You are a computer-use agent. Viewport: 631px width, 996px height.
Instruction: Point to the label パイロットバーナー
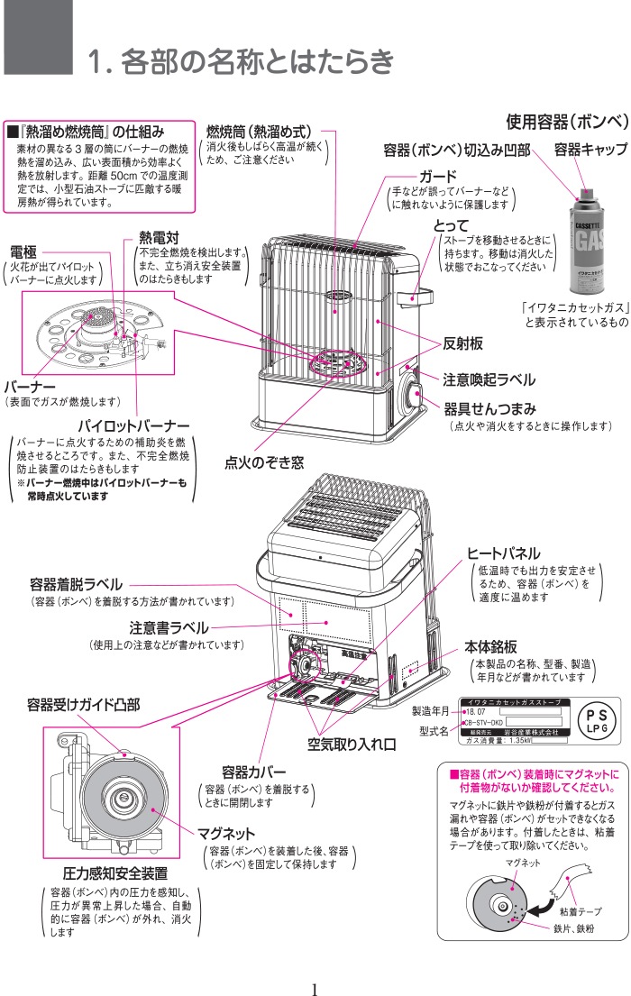click(x=133, y=425)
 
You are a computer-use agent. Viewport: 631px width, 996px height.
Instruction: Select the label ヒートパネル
click(x=503, y=553)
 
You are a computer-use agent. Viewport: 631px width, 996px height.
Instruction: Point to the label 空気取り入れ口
click(x=352, y=745)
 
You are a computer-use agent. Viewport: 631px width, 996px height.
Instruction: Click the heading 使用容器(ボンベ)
click(x=565, y=121)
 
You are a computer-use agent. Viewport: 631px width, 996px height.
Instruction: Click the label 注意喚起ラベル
click(x=489, y=379)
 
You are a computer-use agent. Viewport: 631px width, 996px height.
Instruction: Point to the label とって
click(x=452, y=224)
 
